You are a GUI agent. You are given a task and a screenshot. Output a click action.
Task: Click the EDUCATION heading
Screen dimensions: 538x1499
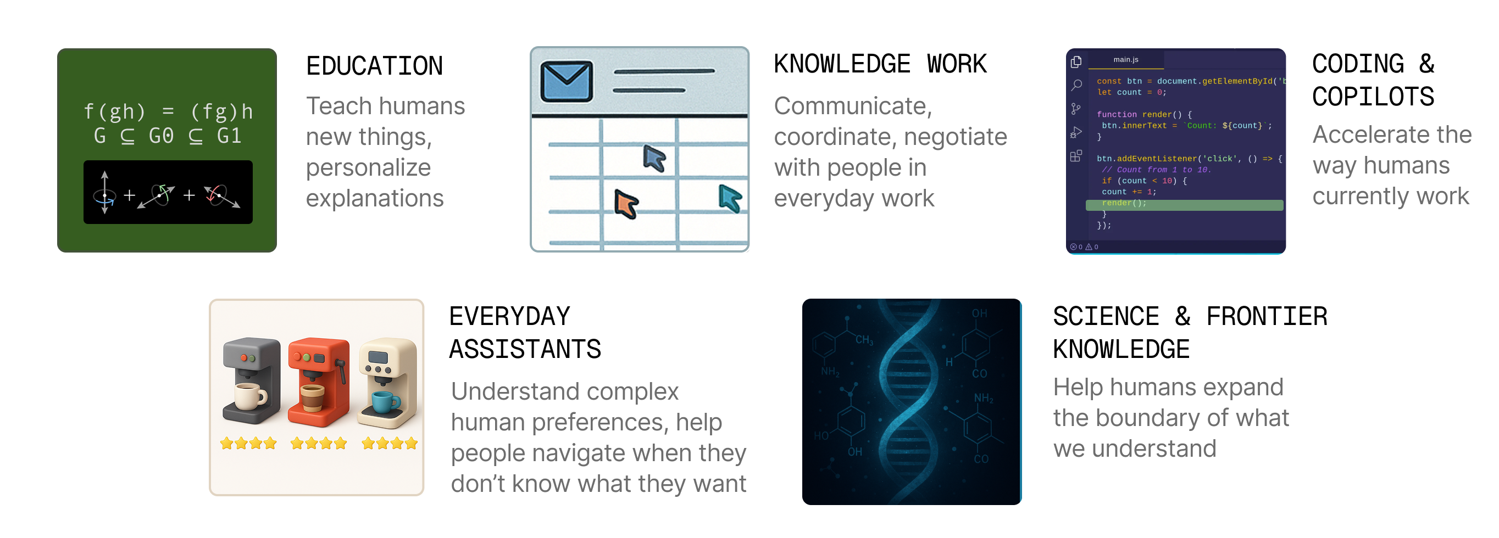pos(374,66)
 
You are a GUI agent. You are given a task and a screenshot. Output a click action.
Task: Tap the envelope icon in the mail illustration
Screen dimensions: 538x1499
pos(566,81)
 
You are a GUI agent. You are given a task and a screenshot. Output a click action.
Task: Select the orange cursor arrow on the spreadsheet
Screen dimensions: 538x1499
pos(626,204)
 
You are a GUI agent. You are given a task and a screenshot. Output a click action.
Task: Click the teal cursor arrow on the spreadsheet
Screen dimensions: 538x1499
pos(730,198)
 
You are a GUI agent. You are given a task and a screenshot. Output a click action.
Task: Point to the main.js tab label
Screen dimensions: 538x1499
pos(1125,59)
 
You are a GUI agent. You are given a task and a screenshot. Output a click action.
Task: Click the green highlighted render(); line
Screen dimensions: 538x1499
pos(1184,203)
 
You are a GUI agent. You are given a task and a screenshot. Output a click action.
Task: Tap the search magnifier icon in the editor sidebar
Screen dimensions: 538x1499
pos(1076,86)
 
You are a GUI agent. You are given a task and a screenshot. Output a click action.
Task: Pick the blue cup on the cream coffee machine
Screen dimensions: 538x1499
pos(385,402)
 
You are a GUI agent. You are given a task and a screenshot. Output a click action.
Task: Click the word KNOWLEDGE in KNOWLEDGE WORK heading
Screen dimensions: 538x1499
pos(841,64)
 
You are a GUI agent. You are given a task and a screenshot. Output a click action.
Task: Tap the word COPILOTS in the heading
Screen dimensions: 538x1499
pos(1373,97)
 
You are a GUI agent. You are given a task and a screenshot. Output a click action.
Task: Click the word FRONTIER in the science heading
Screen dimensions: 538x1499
pos(1266,316)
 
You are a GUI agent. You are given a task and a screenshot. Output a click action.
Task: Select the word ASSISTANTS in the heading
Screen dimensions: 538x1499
pos(525,349)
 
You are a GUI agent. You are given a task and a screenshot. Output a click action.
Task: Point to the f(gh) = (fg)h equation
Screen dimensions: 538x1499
pos(168,110)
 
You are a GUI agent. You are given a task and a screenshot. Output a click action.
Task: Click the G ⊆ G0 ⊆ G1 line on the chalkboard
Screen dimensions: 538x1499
pos(168,136)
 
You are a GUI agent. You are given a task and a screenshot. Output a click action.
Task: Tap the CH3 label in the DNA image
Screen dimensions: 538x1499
pos(864,340)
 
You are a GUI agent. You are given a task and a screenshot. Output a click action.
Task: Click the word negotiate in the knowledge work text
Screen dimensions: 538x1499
pos(955,137)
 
